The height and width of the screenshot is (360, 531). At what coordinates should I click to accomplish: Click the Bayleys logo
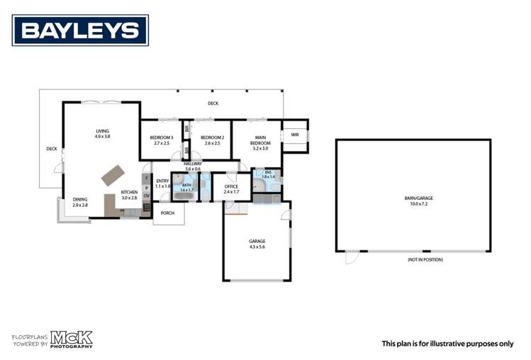click(x=80, y=30)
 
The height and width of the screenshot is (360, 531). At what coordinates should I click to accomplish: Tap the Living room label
click(x=103, y=133)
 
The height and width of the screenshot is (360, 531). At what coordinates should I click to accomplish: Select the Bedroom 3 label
click(x=162, y=140)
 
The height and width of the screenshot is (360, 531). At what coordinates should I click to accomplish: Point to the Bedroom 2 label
click(x=212, y=140)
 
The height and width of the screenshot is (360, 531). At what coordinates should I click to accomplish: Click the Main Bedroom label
click(x=261, y=142)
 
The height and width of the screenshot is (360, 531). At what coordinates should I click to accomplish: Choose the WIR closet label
click(x=295, y=135)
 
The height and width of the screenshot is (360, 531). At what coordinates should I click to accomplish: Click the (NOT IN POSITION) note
click(x=425, y=259)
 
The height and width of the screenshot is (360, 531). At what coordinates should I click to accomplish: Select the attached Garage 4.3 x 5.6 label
click(x=257, y=244)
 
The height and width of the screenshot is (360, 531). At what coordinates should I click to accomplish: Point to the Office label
click(x=231, y=189)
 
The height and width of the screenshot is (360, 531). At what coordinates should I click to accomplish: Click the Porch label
click(x=168, y=213)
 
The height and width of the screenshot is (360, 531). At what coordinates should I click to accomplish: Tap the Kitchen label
click(x=128, y=195)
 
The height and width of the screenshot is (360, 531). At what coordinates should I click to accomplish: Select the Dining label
click(x=80, y=202)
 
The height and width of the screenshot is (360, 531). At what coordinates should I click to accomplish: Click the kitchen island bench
click(x=112, y=174)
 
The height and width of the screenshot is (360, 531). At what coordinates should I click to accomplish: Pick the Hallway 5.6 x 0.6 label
click(x=193, y=167)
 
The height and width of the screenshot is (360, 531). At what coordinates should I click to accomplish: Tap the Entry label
click(x=163, y=183)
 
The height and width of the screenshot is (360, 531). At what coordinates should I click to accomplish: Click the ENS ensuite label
click(x=268, y=175)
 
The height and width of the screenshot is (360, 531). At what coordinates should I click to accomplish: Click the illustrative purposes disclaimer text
click(x=447, y=343)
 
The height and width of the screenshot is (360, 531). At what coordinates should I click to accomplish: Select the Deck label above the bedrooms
click(x=213, y=104)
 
